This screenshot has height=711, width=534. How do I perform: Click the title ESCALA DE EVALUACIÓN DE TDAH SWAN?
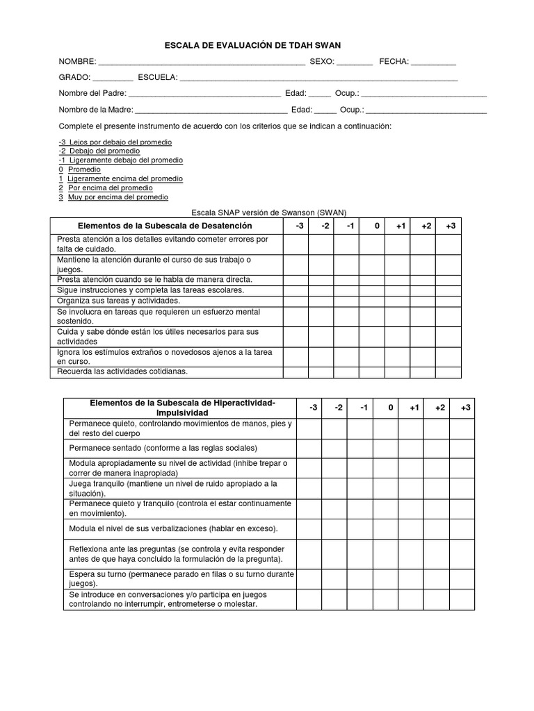[x=252, y=45]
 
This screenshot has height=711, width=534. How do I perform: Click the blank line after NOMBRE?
[x=202, y=62]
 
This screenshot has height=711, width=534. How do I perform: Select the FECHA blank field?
[x=433, y=62]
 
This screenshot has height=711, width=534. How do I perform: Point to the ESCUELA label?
[x=158, y=77]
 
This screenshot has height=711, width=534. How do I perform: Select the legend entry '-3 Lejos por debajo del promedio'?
[x=115, y=142]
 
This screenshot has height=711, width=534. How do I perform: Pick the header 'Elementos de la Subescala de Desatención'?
[x=165, y=226]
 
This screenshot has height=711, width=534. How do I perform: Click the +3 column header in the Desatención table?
[x=451, y=226]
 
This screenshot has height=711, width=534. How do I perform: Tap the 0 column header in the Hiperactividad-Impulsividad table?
[x=391, y=408]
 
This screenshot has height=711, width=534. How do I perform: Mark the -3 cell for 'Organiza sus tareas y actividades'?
[x=296, y=301]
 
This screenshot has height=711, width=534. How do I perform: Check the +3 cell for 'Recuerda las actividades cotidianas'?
[x=448, y=371]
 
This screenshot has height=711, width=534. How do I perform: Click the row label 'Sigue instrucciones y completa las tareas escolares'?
[x=151, y=290]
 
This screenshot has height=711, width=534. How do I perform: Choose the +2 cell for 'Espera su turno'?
[x=436, y=579]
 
